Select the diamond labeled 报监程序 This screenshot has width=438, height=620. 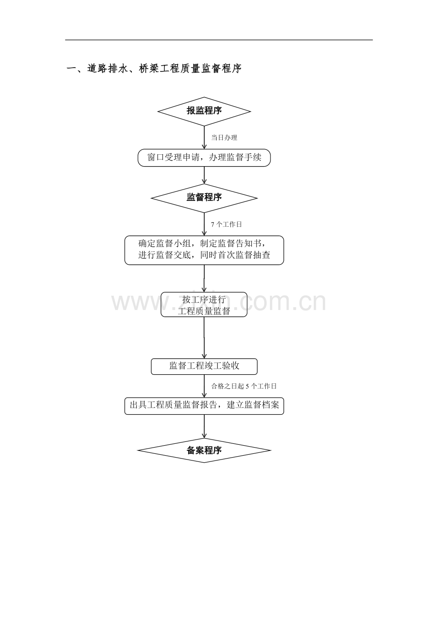click(x=204, y=111)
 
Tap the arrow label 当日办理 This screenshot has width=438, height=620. click(x=224, y=138)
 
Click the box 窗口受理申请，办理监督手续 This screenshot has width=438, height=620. click(x=204, y=158)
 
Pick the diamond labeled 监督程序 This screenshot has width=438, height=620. click(x=204, y=198)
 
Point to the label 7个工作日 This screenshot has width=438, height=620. click(x=226, y=224)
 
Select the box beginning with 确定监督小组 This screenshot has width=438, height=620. click(x=204, y=250)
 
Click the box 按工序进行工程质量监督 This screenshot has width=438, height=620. click(x=204, y=304)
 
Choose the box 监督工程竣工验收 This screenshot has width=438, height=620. click(x=204, y=367)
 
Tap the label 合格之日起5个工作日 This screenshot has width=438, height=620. click(x=244, y=386)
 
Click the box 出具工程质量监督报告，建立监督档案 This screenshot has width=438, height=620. click(x=204, y=406)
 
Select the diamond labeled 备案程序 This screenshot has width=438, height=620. click(x=204, y=450)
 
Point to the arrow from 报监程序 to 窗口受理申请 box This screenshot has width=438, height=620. click(x=204, y=138)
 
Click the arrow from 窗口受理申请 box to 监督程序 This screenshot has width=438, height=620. click(x=204, y=175)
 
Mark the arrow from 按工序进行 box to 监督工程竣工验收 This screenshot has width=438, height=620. click(x=204, y=338)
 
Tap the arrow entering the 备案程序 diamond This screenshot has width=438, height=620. click(x=204, y=426)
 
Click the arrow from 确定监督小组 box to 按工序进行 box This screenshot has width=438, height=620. click(x=204, y=279)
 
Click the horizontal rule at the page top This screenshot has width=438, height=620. click(x=219, y=40)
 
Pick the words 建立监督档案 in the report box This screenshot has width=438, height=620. click(x=253, y=405)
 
